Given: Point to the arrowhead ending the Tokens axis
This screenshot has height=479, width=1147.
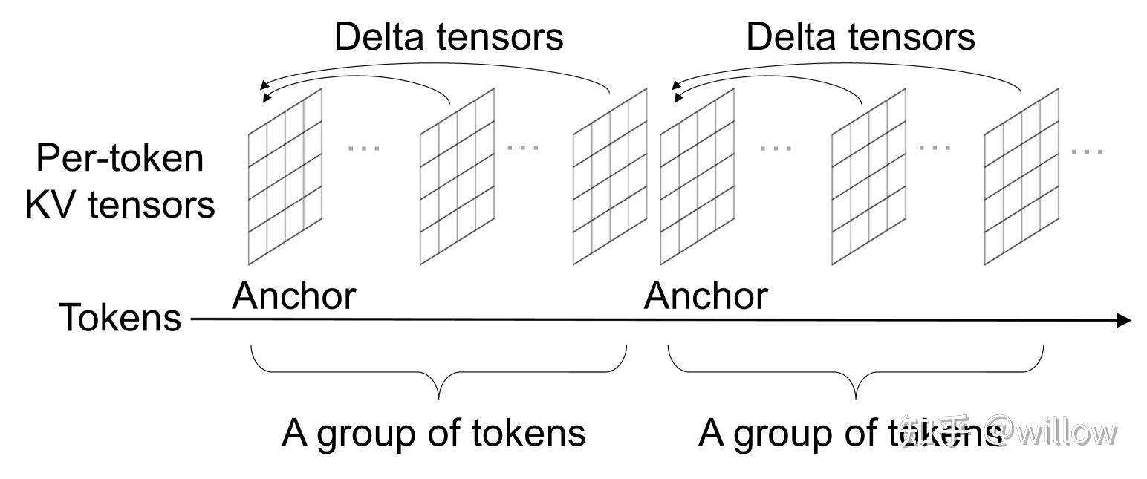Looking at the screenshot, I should [x=1123, y=321].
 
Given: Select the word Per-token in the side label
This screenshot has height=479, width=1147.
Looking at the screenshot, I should [x=120, y=158].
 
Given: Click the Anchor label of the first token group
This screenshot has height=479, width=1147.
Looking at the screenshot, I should [x=294, y=296].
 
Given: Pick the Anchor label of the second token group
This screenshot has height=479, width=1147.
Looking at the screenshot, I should [x=706, y=296].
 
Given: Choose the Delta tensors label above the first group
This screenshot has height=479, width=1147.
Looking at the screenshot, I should [x=449, y=36].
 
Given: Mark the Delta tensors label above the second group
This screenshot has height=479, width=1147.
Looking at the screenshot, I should [x=860, y=36].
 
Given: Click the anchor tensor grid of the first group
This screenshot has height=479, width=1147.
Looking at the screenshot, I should [x=285, y=177].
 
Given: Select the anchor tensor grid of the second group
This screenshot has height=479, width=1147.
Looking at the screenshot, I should [x=697, y=177].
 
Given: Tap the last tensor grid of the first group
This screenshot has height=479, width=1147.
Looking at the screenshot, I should [x=610, y=177].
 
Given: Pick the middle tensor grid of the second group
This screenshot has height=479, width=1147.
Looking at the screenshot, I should [x=868, y=177].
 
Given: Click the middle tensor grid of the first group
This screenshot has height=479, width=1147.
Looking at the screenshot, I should [x=457, y=177].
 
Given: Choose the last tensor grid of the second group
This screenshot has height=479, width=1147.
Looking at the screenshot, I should [x=1022, y=177].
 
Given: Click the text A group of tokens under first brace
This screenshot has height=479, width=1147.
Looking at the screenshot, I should [x=433, y=433].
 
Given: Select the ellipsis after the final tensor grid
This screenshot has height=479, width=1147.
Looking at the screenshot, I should [x=1088, y=151].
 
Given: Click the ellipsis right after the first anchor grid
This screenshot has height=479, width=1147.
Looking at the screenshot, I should [x=364, y=148].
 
